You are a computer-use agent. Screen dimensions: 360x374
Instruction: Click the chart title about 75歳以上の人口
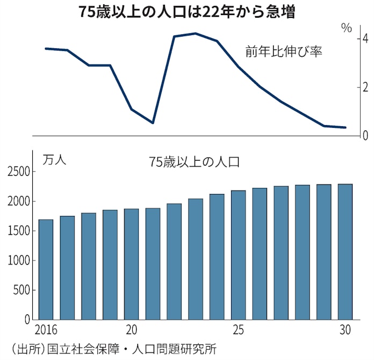[x=188, y=12]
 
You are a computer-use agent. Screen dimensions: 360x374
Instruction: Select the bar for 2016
[x=46, y=269]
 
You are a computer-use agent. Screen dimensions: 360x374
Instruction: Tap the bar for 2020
[x=131, y=264]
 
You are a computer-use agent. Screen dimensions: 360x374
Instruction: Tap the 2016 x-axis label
[x=46, y=329]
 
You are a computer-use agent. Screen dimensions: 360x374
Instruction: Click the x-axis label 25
[x=239, y=329]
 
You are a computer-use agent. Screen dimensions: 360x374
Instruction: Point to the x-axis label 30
[x=346, y=329]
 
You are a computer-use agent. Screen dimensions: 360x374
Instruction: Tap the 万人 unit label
[x=54, y=160]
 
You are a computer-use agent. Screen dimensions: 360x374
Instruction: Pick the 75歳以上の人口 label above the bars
[x=194, y=161]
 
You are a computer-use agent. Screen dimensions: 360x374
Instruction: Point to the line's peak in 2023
[x=195, y=33]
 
